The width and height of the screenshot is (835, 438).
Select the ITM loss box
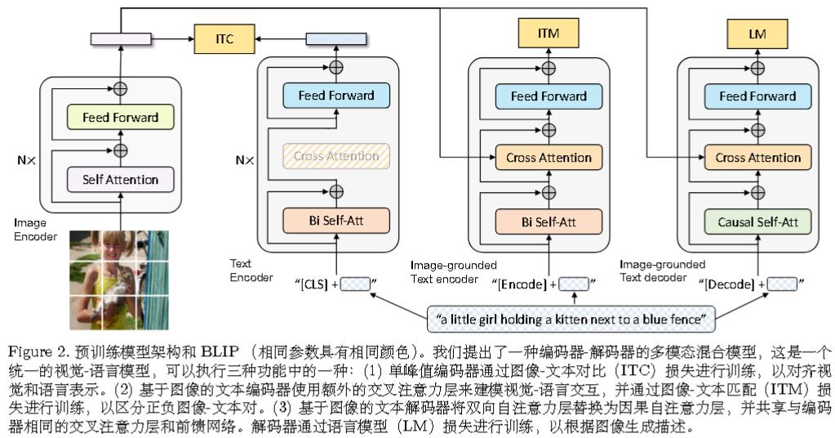coord(548,34)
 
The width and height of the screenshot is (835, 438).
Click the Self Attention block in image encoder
coord(120,179)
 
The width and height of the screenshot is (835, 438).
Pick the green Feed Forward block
coord(120,117)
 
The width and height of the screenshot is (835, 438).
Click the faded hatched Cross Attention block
coord(336,156)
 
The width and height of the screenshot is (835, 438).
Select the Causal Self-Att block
coord(758,220)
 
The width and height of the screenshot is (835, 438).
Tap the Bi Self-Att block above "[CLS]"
coord(336,220)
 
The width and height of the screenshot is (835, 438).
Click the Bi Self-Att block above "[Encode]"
coord(548,220)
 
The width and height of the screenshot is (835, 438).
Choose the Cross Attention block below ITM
coord(548,156)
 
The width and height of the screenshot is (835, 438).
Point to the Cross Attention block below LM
coord(758,156)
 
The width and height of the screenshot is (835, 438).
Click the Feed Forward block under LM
coord(758,96)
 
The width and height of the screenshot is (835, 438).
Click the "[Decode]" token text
coord(732,284)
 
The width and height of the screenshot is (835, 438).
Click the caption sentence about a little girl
coord(575,317)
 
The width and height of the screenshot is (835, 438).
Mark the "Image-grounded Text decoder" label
coord(661,270)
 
